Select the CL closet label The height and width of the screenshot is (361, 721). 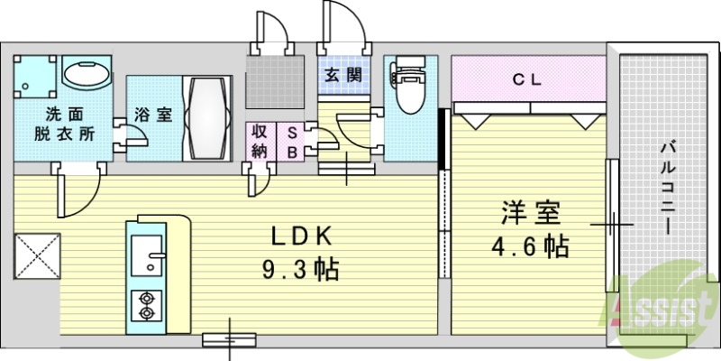click(x=527, y=79)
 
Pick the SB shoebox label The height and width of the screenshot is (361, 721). click(x=292, y=141)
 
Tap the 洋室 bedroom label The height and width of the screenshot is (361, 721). click(x=532, y=214)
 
